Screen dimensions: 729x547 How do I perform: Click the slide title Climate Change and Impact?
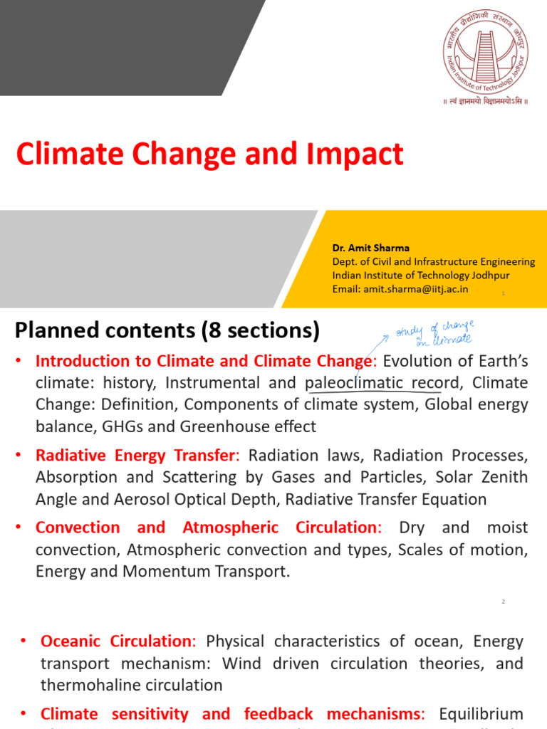coord(210,154)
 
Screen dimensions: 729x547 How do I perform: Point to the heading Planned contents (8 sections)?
coord(167,330)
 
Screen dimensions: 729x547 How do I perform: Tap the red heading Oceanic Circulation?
coord(118,641)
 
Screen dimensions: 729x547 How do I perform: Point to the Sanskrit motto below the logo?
coord(485,102)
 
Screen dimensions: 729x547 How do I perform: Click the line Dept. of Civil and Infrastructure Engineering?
coord(433,261)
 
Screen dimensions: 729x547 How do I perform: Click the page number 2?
coord(503,602)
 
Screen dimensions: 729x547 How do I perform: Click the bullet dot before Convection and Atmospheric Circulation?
coord(21,528)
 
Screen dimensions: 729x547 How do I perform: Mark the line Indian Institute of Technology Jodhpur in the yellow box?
coord(420,275)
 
